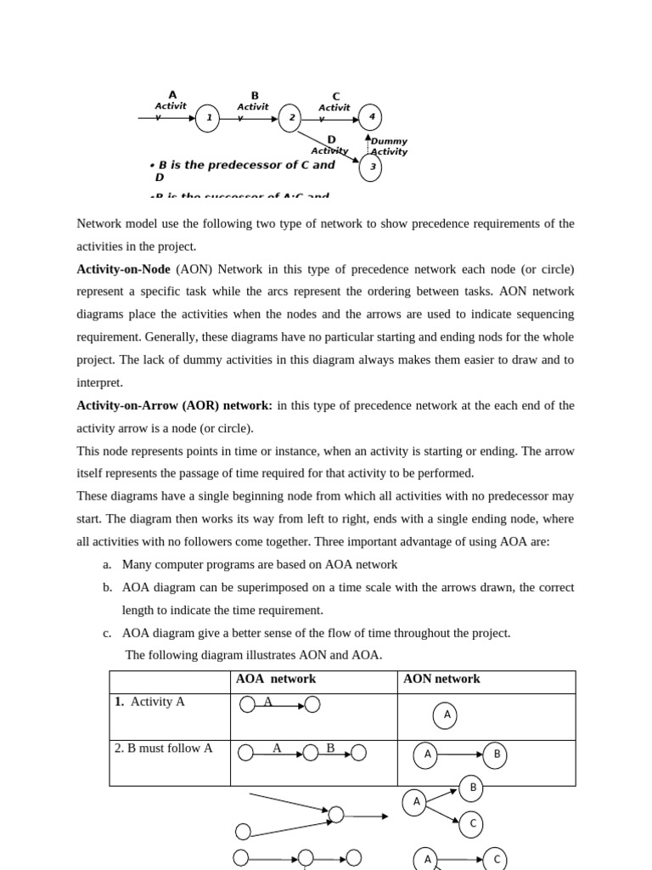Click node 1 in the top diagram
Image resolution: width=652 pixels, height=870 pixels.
pyautogui.click(x=208, y=118)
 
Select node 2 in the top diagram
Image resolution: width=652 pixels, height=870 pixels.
pyautogui.click(x=290, y=118)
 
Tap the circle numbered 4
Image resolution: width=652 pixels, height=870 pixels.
pyautogui.click(x=370, y=117)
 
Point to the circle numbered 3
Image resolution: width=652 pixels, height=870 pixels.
pyautogui.click(x=370, y=167)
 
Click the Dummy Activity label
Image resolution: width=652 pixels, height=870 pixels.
pyautogui.click(x=389, y=146)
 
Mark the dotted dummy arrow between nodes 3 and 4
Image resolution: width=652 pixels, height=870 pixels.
pyautogui.click(x=368, y=144)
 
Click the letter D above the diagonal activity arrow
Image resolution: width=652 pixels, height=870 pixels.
pyautogui.click(x=331, y=139)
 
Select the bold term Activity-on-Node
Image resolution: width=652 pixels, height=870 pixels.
pyautogui.click(x=123, y=269)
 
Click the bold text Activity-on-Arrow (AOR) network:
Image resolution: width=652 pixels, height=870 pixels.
pyautogui.click(x=174, y=405)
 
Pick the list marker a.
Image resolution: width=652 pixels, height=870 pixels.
pyautogui.click(x=107, y=564)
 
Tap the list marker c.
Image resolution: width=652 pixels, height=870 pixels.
pyautogui.click(x=107, y=633)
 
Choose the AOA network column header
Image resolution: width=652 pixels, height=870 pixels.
pyautogui.click(x=275, y=679)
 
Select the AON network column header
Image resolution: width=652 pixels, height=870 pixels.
pyautogui.click(x=441, y=679)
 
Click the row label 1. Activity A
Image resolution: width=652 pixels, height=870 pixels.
pyautogui.click(x=149, y=702)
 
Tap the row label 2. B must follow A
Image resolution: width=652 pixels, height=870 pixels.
pyautogui.click(x=164, y=749)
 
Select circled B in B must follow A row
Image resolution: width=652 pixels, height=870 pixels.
pyautogui.click(x=495, y=754)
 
